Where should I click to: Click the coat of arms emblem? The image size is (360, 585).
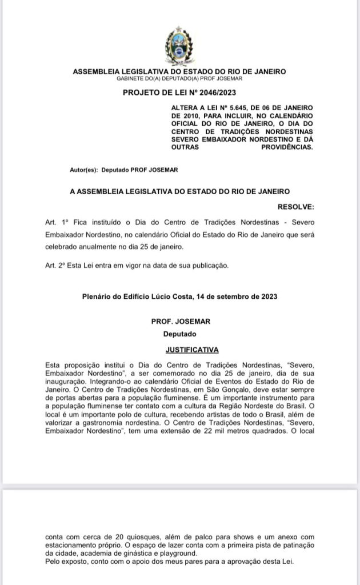[179, 46]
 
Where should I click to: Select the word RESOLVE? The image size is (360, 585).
[295, 206]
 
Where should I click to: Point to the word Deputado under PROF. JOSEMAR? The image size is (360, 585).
[179, 333]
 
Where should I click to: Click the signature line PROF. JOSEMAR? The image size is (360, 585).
[179, 322]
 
